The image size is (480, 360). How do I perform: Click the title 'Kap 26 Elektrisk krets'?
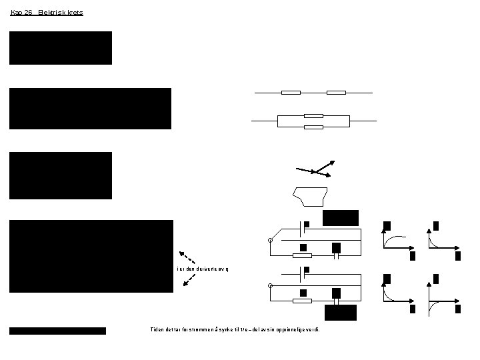click(47, 12)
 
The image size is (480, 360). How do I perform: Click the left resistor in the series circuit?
click(291, 93)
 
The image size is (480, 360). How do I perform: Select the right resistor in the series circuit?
click(336, 93)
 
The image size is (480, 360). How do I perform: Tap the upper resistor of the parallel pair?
click(313, 115)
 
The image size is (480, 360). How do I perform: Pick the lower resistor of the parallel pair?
click(313, 126)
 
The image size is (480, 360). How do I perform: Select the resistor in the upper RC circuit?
click(303, 255)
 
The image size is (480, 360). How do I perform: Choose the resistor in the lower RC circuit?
click(303, 301)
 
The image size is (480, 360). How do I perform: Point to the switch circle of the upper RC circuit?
click(271, 241)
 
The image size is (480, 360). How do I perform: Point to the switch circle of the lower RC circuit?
click(271, 286)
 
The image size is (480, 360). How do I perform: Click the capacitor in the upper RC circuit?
click(337, 255)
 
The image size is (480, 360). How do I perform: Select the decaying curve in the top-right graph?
click(437, 240)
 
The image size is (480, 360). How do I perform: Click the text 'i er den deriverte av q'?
click(203, 268)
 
